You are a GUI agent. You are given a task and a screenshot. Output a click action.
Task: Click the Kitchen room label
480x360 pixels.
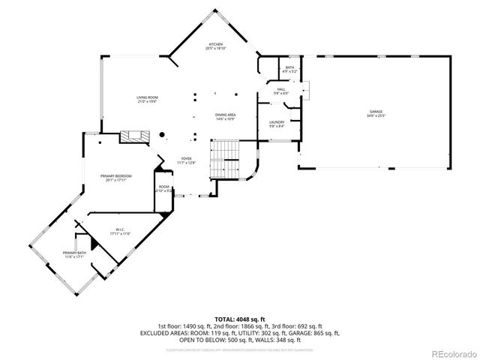point(215,44)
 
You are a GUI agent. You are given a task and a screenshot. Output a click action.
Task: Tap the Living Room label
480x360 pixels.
point(147,97)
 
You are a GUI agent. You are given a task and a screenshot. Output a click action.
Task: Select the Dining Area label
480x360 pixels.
point(226,115)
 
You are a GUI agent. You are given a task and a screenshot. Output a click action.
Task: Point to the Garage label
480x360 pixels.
point(375,112)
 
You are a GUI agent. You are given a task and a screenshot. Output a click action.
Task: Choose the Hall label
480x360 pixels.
point(281,89)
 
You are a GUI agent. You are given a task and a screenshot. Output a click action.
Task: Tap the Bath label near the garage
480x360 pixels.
point(289,68)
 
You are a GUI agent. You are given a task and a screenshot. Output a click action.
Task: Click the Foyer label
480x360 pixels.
point(185,158)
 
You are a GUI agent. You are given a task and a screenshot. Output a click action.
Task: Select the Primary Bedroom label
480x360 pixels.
point(116,176)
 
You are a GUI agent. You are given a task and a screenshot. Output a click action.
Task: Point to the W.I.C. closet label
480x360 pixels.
point(120,229)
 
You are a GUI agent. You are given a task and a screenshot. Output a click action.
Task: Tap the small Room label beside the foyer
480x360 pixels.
point(163,187)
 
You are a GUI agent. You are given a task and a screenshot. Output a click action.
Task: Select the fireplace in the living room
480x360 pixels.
point(135,136)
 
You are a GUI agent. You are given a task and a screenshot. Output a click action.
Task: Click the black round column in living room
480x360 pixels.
point(160,135)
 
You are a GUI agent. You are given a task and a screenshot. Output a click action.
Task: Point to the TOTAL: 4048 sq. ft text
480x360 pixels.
point(239,319)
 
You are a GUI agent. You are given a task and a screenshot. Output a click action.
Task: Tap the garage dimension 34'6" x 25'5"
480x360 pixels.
point(375,116)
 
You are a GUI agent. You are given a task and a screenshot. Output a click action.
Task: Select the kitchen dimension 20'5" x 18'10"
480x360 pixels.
point(215,49)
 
